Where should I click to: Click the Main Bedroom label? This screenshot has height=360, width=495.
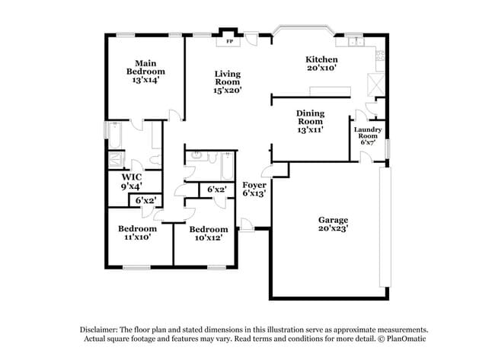click(145, 71)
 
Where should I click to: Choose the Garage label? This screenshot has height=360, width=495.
click(333, 221)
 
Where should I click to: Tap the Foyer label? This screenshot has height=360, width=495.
click(254, 186)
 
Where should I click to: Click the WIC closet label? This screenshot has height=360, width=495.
click(132, 177)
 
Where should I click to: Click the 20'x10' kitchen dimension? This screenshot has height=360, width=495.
click(321, 68)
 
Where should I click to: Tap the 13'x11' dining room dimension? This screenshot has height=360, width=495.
click(310, 130)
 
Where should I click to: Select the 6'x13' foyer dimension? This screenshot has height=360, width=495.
click(254, 194)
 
